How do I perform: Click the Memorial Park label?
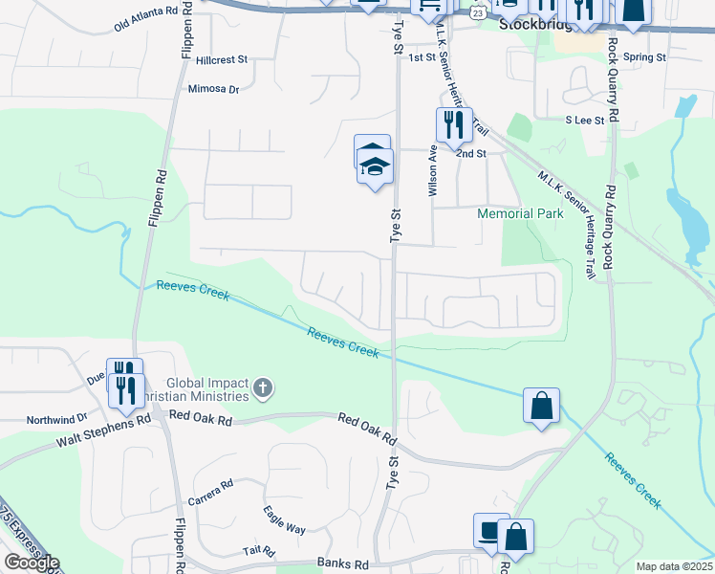point(520,213)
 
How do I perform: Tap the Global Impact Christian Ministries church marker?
point(264,388)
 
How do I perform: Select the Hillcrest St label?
point(221,59)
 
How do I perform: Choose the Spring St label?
point(644,57)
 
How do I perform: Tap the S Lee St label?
point(584,121)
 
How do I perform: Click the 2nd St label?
point(471,153)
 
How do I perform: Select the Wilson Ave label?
point(433,170)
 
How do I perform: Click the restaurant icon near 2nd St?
point(454,124)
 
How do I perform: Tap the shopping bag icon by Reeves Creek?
point(541,405)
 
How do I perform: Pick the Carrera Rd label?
point(211,491)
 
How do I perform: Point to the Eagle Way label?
point(285,521)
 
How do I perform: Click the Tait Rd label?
point(258,552)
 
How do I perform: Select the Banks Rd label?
point(347,564)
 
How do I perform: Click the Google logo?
point(31,563)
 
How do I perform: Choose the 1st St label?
point(422,58)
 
